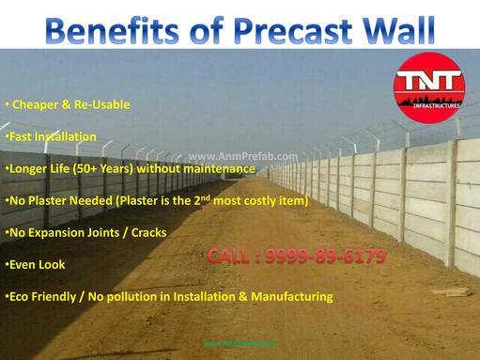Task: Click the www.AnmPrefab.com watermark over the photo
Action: pos(243,157)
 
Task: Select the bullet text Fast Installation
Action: pos(52,136)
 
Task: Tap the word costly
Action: pos(264,200)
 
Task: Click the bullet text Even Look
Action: pos(36,264)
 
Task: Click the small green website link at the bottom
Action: pos(240,343)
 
